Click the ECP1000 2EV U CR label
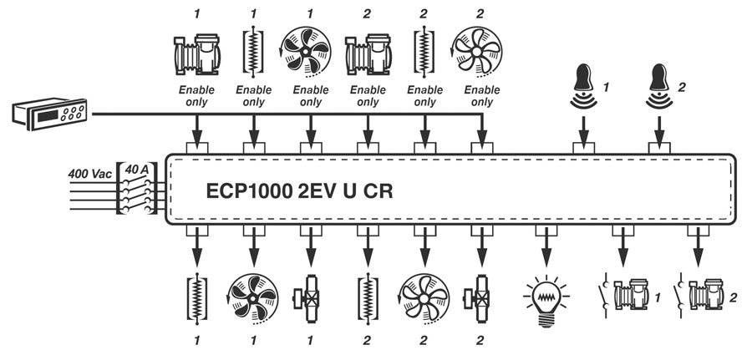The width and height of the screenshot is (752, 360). [298, 190]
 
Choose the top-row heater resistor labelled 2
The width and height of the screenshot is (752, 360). [424, 52]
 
